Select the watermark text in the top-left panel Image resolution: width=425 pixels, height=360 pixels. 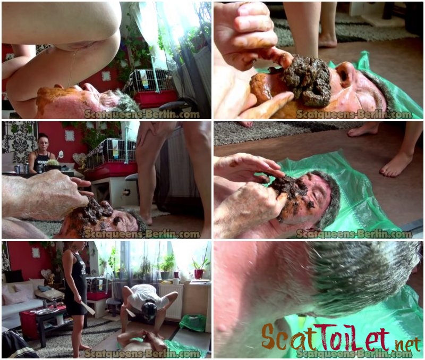142,114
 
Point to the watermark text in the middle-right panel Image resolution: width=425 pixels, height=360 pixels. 354,233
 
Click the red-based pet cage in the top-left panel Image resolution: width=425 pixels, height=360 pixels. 152,88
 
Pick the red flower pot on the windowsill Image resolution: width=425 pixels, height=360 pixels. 199,274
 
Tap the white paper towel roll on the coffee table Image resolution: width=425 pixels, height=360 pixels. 60,319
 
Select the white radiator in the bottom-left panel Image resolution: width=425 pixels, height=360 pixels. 171,300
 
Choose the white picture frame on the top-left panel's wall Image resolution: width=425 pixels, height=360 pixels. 106,76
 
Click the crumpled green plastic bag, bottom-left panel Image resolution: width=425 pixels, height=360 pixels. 193,323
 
